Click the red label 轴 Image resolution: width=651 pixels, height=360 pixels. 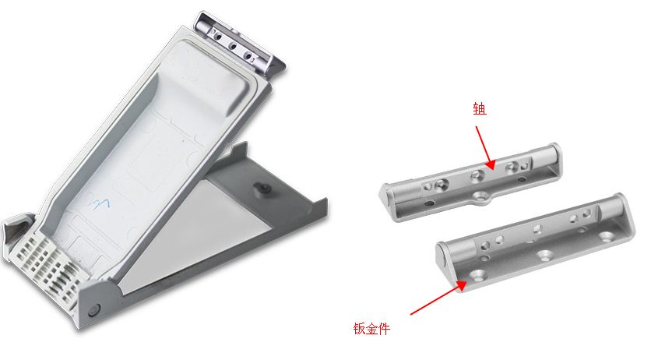click(480, 109)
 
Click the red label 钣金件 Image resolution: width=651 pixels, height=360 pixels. click(371, 329)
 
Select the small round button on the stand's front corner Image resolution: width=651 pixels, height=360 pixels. click(94, 310)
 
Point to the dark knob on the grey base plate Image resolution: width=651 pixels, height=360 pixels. click(262, 189)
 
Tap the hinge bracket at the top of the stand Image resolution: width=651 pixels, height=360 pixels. click(239, 44)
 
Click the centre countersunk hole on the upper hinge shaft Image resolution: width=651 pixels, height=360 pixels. click(477, 176)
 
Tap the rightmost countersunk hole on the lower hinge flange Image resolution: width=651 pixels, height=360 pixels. click(606, 237)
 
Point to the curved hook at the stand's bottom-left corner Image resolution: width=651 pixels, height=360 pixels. click(16, 231)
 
